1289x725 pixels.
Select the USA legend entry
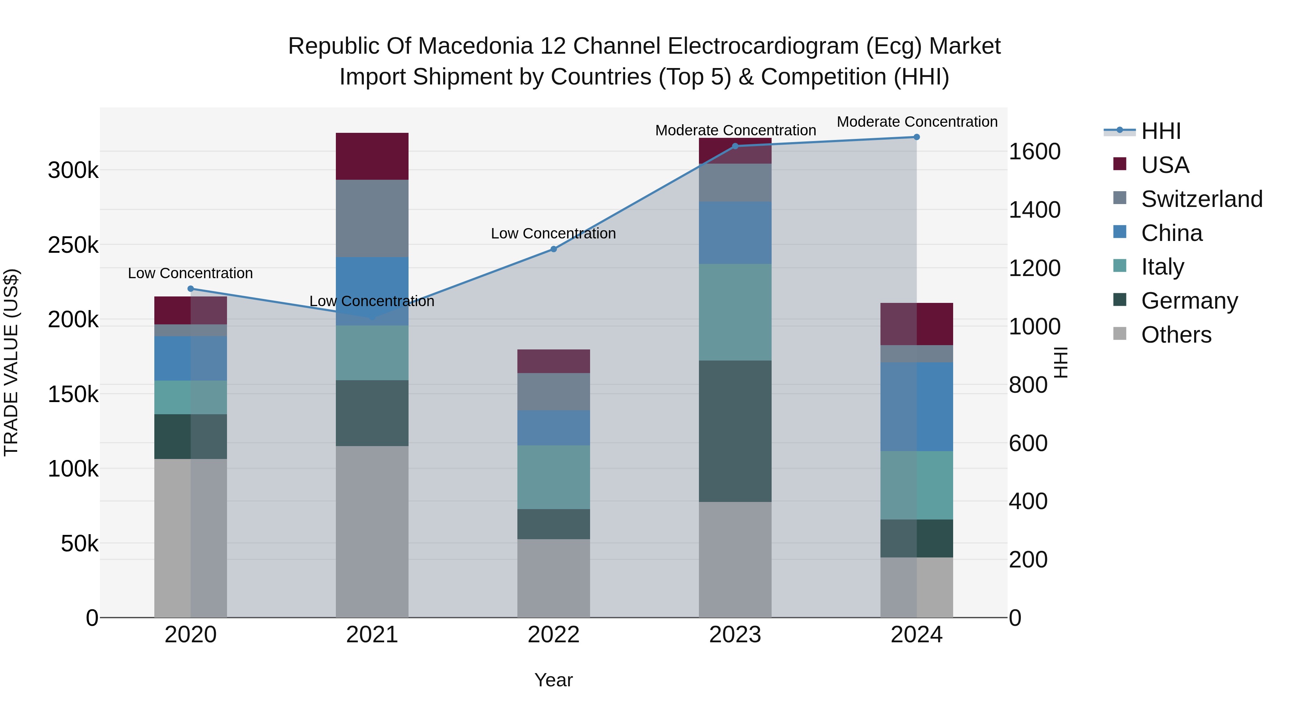1164,165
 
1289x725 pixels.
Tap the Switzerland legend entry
1201,199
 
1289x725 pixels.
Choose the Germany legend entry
1189,301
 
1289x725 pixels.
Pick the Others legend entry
1176,335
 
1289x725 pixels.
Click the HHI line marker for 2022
554,249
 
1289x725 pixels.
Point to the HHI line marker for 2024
917,137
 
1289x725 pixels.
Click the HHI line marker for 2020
190,289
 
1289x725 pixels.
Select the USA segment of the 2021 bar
372,156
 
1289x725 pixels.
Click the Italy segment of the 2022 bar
554,477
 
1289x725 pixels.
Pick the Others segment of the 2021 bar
372,531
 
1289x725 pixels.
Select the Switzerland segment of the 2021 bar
372,219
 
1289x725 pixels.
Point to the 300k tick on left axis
73,171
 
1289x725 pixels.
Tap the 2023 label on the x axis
735,635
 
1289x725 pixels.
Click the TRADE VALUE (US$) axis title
11,362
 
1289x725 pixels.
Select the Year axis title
554,680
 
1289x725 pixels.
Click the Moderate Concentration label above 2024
917,122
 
